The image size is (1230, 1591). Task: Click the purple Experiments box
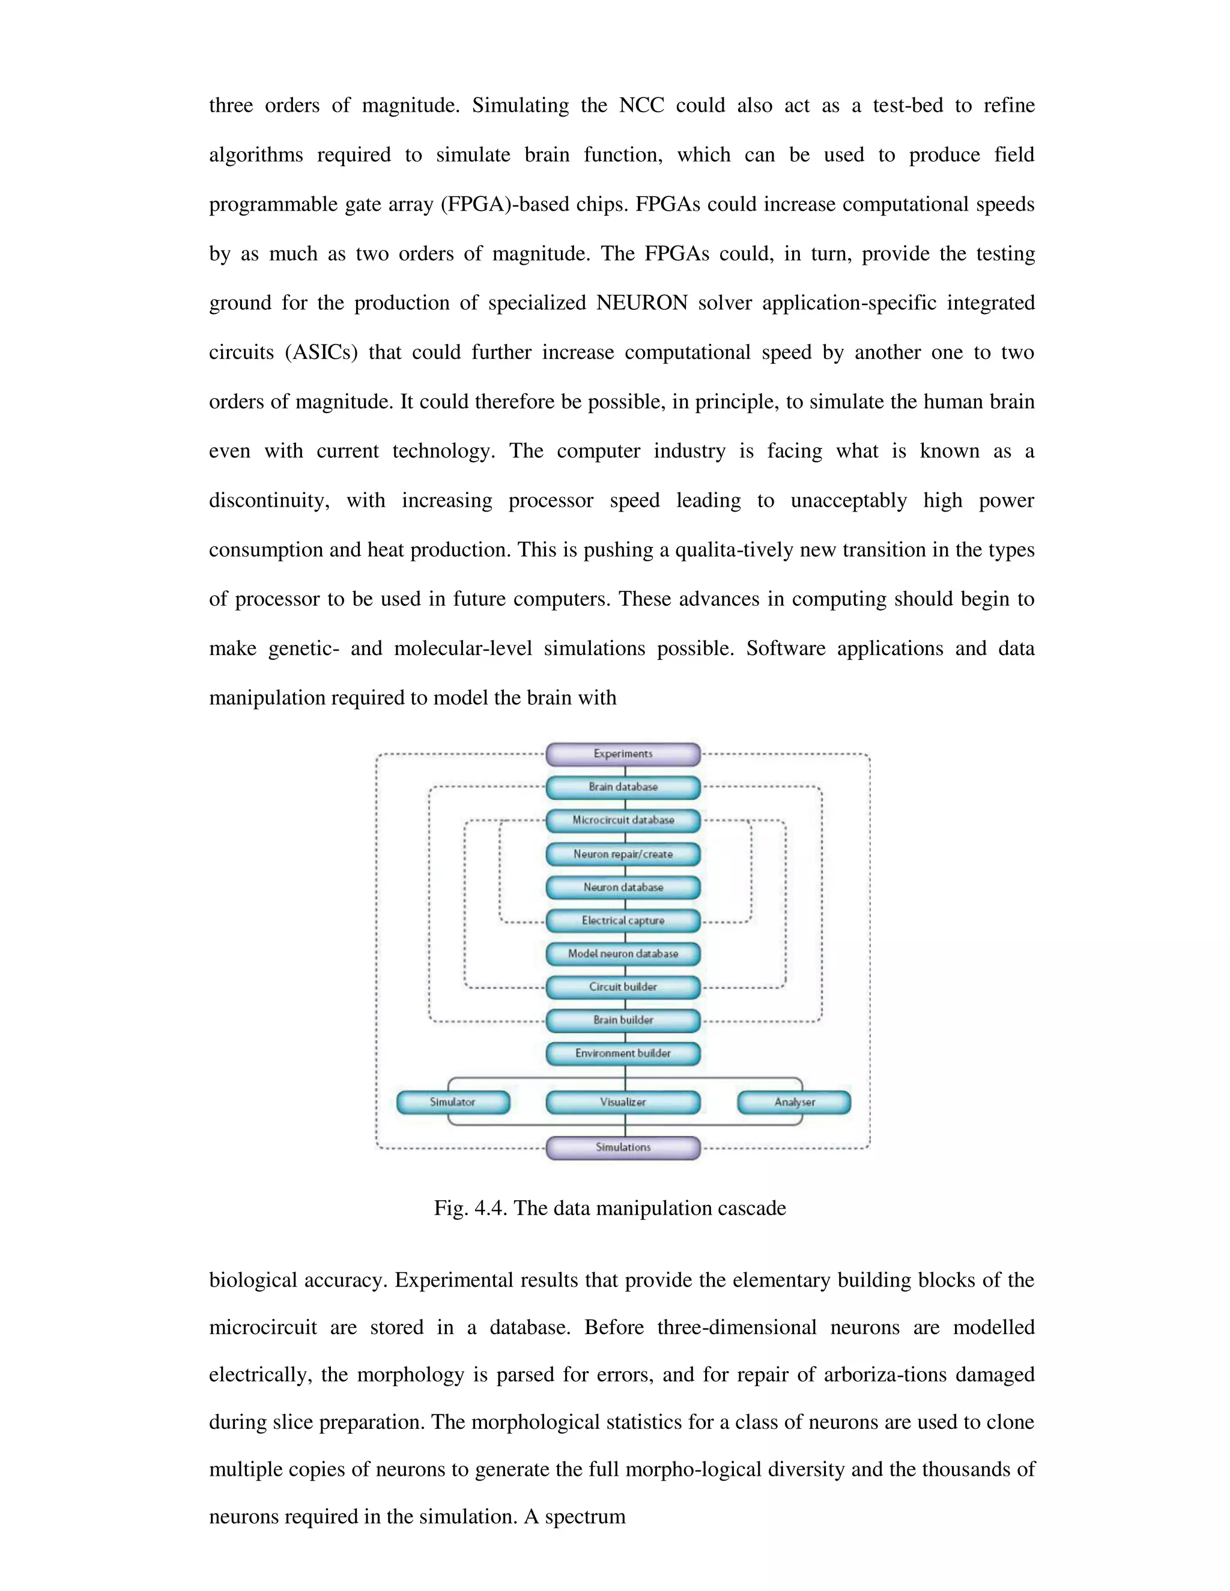point(623,754)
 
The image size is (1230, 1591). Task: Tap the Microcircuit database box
point(623,820)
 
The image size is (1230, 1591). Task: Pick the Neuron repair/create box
point(623,854)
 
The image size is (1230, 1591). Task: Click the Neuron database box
point(623,887)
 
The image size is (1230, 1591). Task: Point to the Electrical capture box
point(623,921)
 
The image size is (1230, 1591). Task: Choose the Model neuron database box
point(623,953)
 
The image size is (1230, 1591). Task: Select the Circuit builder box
point(623,987)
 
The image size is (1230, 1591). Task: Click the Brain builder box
point(623,1020)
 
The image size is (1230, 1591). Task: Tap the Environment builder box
point(623,1054)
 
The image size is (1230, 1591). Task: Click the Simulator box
point(452,1102)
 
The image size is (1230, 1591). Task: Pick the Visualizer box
point(623,1102)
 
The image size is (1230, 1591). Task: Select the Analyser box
point(794,1102)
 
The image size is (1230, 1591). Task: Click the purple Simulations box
point(623,1147)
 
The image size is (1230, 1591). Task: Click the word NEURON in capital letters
point(641,303)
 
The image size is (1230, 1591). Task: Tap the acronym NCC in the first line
point(641,106)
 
